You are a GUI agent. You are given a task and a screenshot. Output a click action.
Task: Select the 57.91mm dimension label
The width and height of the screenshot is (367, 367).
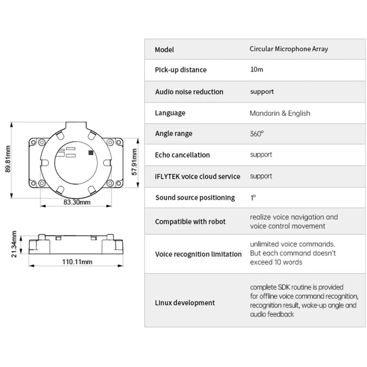(135, 162)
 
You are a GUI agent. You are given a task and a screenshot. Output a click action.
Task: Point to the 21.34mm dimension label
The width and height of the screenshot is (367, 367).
(14, 244)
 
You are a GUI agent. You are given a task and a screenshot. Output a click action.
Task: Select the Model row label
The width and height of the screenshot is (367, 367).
(164, 50)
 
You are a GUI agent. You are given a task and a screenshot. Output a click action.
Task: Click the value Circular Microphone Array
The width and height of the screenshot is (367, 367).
(289, 49)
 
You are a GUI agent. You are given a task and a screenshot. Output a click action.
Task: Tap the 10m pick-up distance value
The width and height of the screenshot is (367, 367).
(257, 70)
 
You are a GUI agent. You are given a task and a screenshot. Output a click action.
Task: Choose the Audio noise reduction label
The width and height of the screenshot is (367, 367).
(189, 92)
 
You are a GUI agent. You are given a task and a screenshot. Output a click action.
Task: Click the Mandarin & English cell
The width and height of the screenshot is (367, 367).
(280, 113)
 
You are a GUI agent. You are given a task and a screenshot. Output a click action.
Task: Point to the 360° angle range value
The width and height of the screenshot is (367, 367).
(257, 134)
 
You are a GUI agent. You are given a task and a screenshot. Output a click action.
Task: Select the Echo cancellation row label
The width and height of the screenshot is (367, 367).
(182, 155)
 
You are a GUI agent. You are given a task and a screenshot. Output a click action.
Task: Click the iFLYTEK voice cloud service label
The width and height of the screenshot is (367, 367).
(197, 177)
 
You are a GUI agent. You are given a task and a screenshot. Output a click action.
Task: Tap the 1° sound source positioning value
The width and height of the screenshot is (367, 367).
(253, 197)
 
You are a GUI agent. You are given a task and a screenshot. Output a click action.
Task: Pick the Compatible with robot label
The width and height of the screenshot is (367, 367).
(190, 222)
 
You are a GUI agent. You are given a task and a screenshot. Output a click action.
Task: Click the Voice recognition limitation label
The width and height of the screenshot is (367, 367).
(198, 254)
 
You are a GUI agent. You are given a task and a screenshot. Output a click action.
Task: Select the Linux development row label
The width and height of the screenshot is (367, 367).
(185, 303)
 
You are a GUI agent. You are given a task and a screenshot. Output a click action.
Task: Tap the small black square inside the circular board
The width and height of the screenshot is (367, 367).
(90, 152)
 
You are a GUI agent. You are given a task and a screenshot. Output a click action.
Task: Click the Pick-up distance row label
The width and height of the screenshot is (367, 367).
(181, 70)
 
